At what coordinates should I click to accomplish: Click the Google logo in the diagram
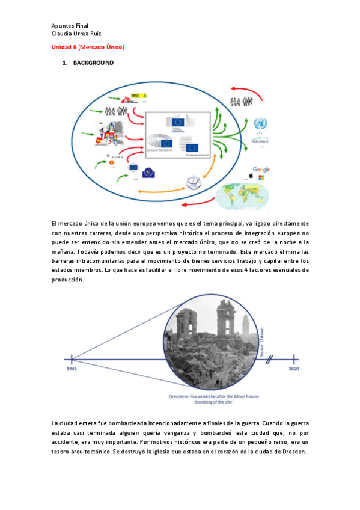pos(261,170)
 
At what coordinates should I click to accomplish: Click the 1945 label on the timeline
pos(71,369)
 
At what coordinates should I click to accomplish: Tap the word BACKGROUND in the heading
pos(93,63)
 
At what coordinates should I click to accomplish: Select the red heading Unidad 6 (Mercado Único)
pos(88,46)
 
